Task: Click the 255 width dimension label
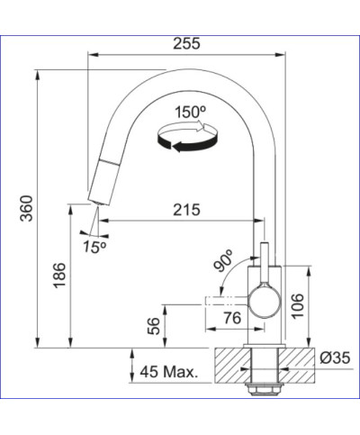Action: [188, 42]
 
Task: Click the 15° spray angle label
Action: [93, 244]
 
